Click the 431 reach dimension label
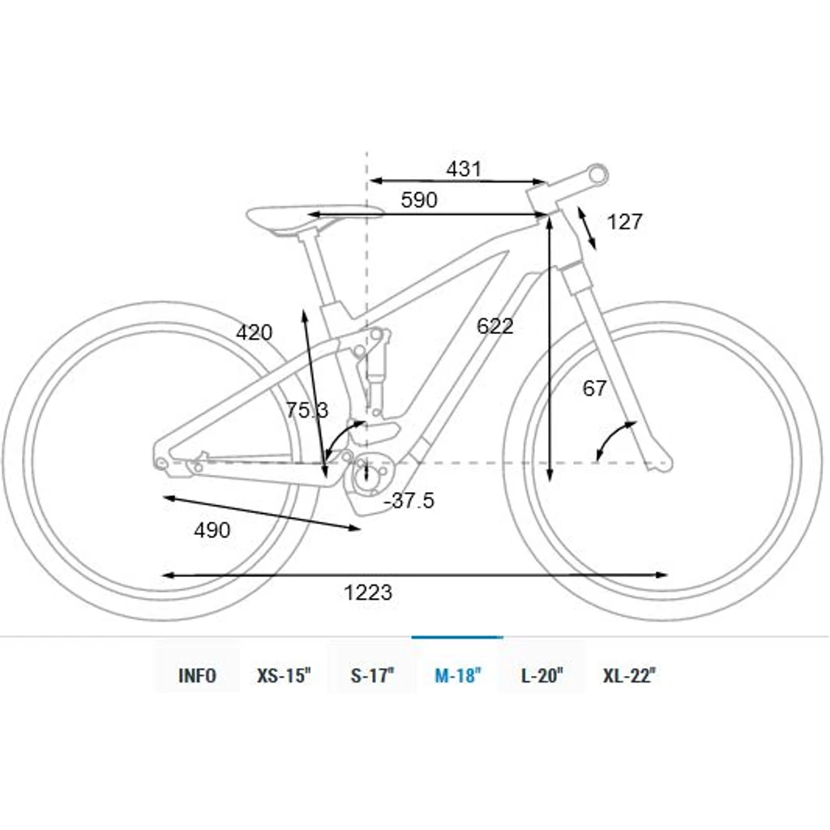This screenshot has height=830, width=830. coord(464,169)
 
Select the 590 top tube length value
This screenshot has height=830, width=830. coord(419,199)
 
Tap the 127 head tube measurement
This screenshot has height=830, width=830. coord(625,222)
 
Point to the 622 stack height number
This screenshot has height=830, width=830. coord(495,326)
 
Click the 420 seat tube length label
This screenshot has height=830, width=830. coord(254,332)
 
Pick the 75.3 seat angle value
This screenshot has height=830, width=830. coord(307,409)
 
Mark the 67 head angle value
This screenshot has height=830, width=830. coord(594,388)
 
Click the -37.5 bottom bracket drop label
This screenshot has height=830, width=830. coord(409,500)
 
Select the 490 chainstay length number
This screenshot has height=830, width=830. coord(212,530)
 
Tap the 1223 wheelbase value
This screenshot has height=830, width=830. coord(368,593)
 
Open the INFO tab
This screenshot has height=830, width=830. coord(198,675)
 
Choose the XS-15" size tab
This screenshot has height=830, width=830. coord(284,675)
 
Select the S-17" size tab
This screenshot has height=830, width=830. coord(373,675)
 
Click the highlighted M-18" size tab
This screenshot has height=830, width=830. coord(458,675)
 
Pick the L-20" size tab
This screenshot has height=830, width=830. coord(542,675)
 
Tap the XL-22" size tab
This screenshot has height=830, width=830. coord(629,675)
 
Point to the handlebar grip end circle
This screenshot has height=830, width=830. coord(599,173)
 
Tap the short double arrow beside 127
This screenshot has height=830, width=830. coord(587,228)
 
